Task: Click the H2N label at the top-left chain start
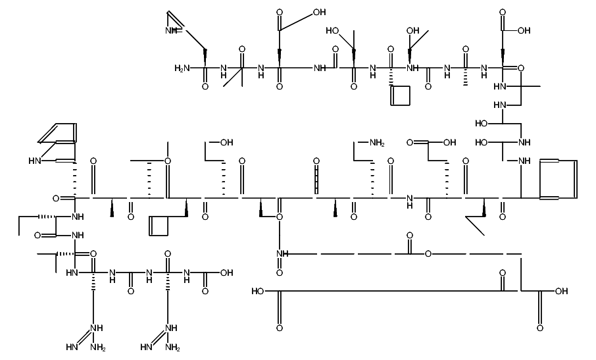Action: (182, 68)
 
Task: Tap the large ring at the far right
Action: (559, 178)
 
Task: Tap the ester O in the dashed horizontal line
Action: (428, 253)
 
